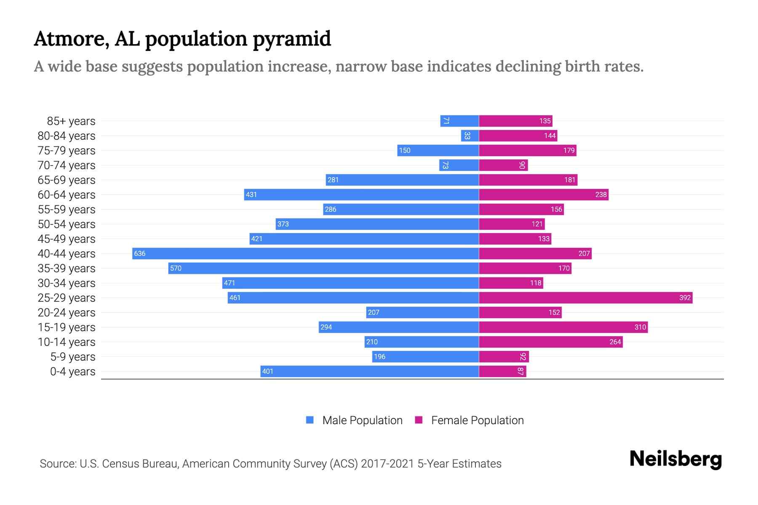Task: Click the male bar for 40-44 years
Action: click(x=305, y=253)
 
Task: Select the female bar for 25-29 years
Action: click(x=585, y=298)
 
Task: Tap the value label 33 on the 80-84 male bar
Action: click(x=467, y=136)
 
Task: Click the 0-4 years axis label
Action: click(x=72, y=372)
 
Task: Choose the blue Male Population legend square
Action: click(x=310, y=420)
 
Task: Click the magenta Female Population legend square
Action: click(x=419, y=420)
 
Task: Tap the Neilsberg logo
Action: click(x=675, y=459)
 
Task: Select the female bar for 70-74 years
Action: click(x=503, y=165)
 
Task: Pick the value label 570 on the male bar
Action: click(x=176, y=268)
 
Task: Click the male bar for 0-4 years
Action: click(x=369, y=371)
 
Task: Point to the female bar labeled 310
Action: click(x=563, y=327)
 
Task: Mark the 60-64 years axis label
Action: click(x=67, y=195)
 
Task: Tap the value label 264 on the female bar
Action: click(x=615, y=342)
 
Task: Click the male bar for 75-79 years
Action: click(x=438, y=150)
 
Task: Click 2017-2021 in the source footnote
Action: click(x=387, y=464)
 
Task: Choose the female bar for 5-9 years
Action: click(x=504, y=356)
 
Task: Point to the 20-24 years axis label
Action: click(x=67, y=313)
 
